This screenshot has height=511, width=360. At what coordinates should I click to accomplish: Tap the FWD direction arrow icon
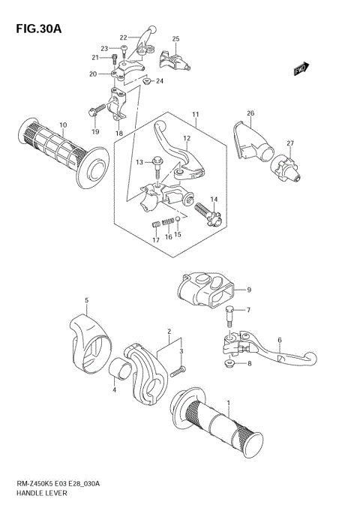click(301, 71)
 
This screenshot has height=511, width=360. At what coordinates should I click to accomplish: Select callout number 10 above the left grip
click(63, 125)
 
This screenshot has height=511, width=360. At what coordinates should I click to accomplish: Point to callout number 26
click(250, 114)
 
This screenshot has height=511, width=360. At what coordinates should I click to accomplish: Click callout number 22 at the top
click(124, 37)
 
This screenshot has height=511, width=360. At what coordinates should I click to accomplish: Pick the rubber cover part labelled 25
click(172, 60)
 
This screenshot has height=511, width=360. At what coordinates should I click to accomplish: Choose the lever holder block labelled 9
click(204, 290)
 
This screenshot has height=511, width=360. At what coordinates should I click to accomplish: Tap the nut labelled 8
click(229, 365)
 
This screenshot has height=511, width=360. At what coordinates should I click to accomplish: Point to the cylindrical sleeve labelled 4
click(118, 368)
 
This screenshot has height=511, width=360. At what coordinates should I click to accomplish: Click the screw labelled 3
click(178, 370)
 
